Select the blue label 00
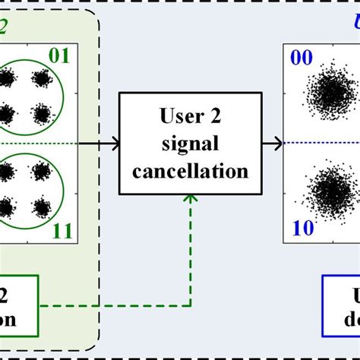(x=298, y=58)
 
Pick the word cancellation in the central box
(x=190, y=171)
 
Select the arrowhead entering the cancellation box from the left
(x=115, y=141)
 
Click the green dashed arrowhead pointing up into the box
(x=190, y=199)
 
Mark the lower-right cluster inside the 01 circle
(x=41, y=114)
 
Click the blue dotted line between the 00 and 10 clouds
(x=319, y=141)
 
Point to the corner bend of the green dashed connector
(x=190, y=306)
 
